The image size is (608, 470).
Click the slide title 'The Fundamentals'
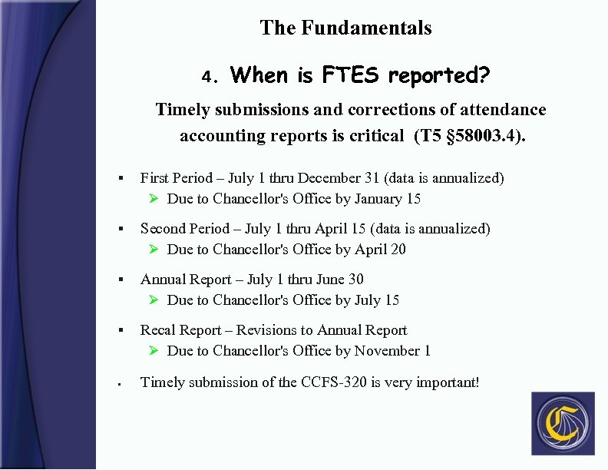coord(345,28)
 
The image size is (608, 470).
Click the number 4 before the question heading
coord(207,77)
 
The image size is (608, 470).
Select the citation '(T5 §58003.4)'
coord(470,136)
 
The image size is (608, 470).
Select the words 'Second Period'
coord(185,229)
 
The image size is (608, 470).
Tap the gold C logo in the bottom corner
coord(562,423)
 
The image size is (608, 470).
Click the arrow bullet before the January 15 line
coord(154,199)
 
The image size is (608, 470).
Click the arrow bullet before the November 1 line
coord(154,351)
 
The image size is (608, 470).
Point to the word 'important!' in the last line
coord(448,382)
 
